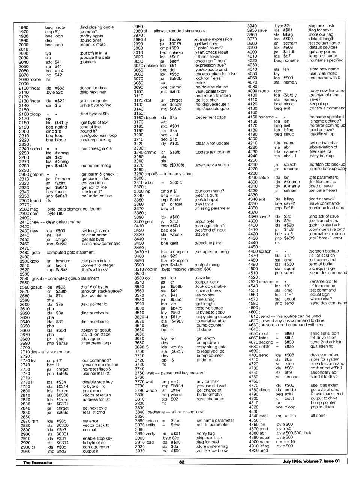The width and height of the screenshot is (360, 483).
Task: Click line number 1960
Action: tap(24, 27)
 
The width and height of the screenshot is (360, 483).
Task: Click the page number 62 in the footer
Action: tap(181, 462)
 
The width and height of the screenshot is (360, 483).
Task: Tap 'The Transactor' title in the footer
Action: tap(38, 462)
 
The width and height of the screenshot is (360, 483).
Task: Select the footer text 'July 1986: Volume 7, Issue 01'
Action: tap(311, 461)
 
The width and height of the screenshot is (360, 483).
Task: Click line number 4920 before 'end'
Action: tap(253, 450)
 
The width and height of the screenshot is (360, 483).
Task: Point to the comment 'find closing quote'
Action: tap(97, 27)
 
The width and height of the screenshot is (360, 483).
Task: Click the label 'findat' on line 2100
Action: tap(34, 88)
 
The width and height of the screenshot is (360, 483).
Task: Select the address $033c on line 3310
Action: tap(175, 182)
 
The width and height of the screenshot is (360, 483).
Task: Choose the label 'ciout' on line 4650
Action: tap(264, 333)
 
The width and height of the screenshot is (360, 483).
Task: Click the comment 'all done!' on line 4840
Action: tap(318, 415)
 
